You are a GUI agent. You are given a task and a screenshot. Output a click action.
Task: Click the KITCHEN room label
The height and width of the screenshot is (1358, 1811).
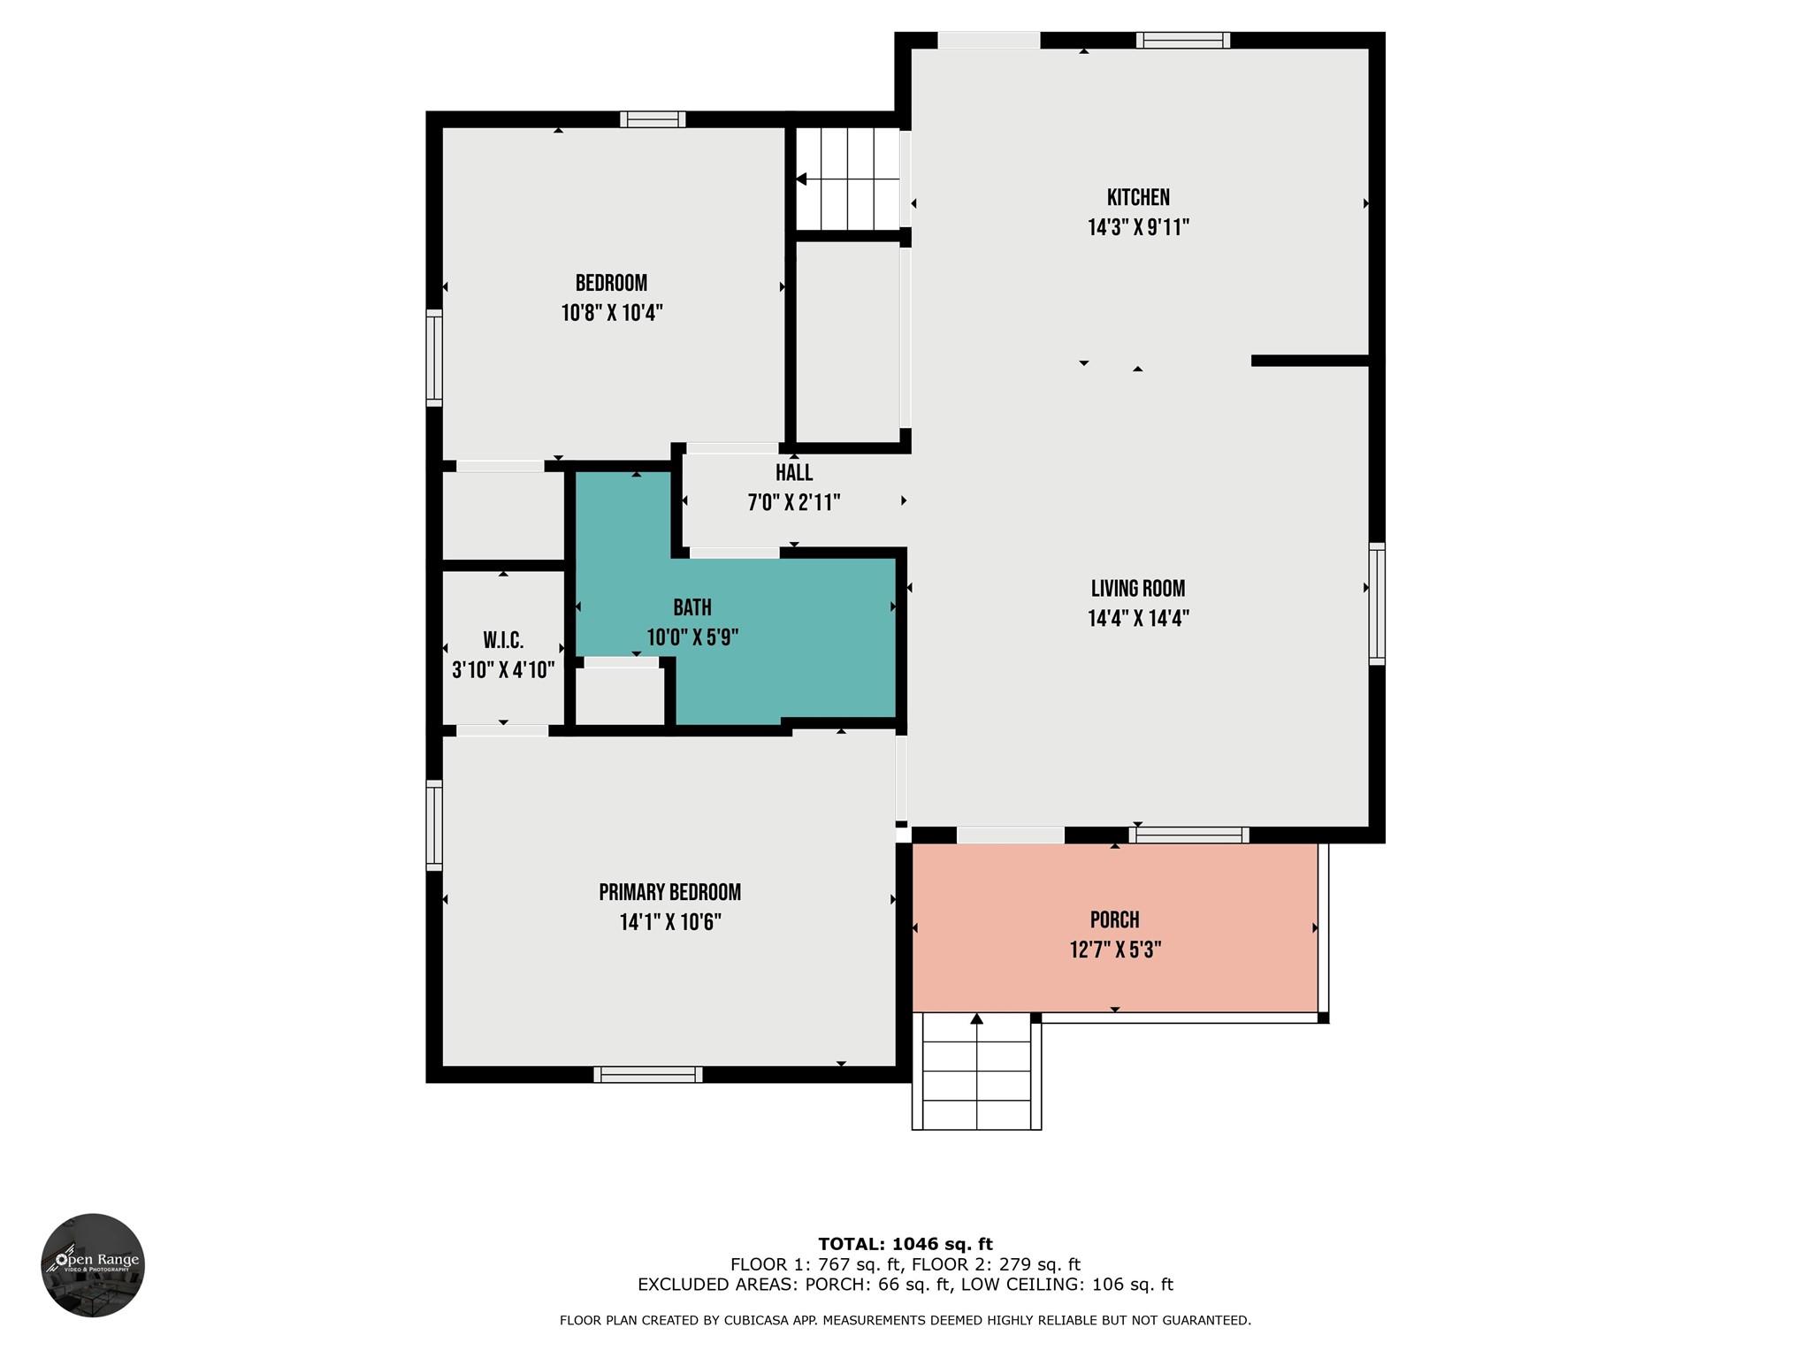(1138, 197)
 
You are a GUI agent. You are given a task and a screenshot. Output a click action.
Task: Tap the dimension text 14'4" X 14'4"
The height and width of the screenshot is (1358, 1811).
(1138, 618)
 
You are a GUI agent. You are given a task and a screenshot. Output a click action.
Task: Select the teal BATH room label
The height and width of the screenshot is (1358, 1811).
(692, 607)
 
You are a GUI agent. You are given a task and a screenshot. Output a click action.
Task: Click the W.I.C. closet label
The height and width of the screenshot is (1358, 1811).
(503, 640)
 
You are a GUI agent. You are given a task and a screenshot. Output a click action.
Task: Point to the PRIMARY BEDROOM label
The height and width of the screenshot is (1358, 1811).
(670, 892)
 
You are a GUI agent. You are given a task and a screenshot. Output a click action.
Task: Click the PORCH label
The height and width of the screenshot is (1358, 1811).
(1115, 919)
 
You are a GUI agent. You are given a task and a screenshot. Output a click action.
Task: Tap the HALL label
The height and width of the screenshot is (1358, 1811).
(794, 473)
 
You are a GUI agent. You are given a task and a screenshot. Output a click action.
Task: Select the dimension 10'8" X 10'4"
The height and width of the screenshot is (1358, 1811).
(612, 313)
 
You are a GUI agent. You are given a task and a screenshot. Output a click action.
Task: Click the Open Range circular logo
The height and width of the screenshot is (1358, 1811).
(93, 1265)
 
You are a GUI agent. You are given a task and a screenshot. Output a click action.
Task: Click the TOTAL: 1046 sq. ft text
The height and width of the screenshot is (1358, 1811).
(905, 1244)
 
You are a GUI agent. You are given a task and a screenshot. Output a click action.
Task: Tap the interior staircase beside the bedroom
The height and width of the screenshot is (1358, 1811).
(847, 179)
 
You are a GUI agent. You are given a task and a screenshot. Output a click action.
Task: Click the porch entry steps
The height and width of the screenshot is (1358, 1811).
(977, 1071)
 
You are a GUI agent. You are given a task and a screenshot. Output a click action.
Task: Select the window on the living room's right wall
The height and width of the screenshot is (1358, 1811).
(1377, 604)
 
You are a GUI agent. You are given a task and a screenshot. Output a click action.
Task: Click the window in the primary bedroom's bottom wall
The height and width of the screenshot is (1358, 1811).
(648, 1074)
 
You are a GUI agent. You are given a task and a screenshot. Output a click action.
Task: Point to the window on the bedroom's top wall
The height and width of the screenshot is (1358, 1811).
(653, 119)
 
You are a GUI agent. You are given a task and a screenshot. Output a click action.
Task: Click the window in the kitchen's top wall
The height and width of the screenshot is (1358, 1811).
(1183, 40)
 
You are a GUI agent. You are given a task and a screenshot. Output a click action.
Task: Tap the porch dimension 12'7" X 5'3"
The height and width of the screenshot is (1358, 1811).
(1115, 950)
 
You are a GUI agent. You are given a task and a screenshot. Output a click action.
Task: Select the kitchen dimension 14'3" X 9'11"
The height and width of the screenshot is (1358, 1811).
(1138, 227)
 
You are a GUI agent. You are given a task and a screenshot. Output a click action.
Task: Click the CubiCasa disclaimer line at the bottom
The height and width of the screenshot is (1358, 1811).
(905, 1321)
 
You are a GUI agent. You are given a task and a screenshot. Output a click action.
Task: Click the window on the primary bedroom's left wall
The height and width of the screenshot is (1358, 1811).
(434, 825)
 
